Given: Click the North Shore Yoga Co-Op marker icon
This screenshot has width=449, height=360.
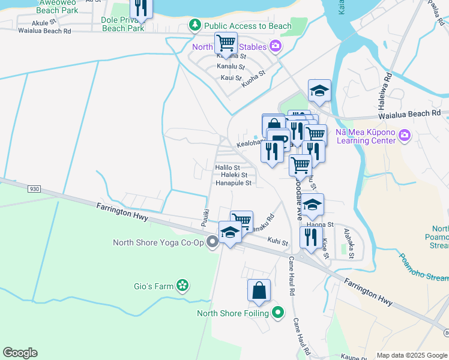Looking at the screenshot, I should pyautogui.click(x=212, y=242).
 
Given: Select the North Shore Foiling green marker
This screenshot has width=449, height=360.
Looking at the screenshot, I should pyautogui.click(x=277, y=313).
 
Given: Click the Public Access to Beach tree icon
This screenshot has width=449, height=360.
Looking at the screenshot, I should pyautogui.click(x=194, y=25).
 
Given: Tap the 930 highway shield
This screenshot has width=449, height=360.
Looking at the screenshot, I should pyautogui.click(x=34, y=188).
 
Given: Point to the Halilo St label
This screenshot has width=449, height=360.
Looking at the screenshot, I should pyautogui.click(x=228, y=167).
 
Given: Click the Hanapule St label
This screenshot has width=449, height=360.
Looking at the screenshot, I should pyautogui.click(x=233, y=183).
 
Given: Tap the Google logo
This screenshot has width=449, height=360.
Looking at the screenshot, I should pyautogui.click(x=20, y=353).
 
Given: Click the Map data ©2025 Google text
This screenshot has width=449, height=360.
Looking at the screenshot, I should pyautogui.click(x=412, y=355).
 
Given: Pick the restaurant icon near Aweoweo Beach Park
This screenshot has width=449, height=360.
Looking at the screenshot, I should pyautogui.click(x=141, y=8).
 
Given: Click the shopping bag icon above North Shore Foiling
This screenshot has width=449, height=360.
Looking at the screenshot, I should pyautogui.click(x=259, y=291).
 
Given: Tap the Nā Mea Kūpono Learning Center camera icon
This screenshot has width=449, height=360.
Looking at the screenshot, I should pyautogui.click(x=405, y=136).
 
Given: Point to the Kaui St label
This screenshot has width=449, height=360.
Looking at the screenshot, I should pyautogui.click(x=231, y=78).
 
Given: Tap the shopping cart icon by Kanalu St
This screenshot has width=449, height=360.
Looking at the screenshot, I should pyautogui.click(x=226, y=43).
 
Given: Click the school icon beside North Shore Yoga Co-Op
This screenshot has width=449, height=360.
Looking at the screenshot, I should pyautogui.click(x=230, y=232).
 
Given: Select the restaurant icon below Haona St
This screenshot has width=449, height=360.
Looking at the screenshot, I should pyautogui.click(x=311, y=237).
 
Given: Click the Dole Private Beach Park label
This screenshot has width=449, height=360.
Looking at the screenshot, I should pyautogui.click(x=123, y=24).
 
